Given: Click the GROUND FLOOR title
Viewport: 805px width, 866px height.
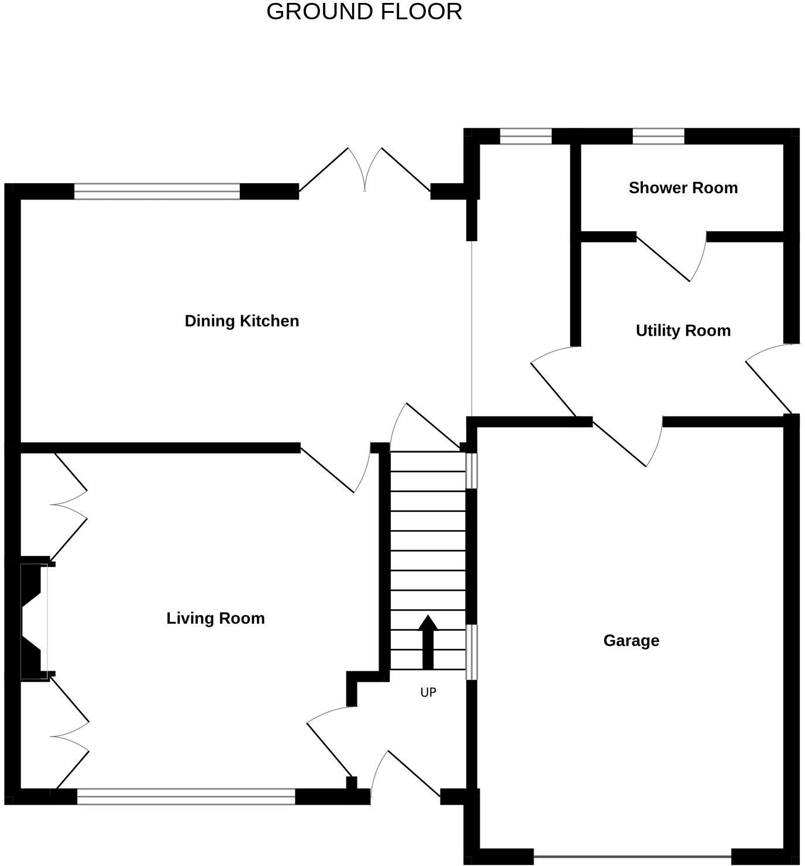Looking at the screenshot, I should pos(364,12).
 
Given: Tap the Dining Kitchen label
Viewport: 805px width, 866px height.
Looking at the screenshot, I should pos(242,321).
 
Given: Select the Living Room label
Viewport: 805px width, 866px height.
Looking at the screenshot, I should pos(215,618).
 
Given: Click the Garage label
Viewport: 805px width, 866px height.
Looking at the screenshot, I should pos(631,641).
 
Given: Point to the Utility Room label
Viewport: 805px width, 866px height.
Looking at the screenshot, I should pos(683,331).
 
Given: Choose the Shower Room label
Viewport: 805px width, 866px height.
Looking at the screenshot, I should pos(683,188).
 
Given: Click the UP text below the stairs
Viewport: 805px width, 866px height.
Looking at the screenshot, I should pos(428,692).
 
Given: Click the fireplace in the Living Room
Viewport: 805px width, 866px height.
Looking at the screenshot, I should pos(34,620).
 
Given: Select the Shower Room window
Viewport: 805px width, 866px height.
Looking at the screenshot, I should pos(658,136).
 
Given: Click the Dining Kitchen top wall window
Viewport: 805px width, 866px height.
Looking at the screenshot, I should pos(157,191).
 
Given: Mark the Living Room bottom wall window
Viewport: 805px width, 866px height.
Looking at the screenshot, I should pos(186,796).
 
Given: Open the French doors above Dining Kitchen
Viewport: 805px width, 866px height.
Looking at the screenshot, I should pos(365,170).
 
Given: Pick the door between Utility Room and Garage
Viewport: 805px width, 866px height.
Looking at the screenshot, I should pos(626,442).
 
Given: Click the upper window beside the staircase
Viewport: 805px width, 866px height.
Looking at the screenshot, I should pos(471,470).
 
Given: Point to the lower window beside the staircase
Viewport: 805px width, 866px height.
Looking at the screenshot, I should pos(471,652).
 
